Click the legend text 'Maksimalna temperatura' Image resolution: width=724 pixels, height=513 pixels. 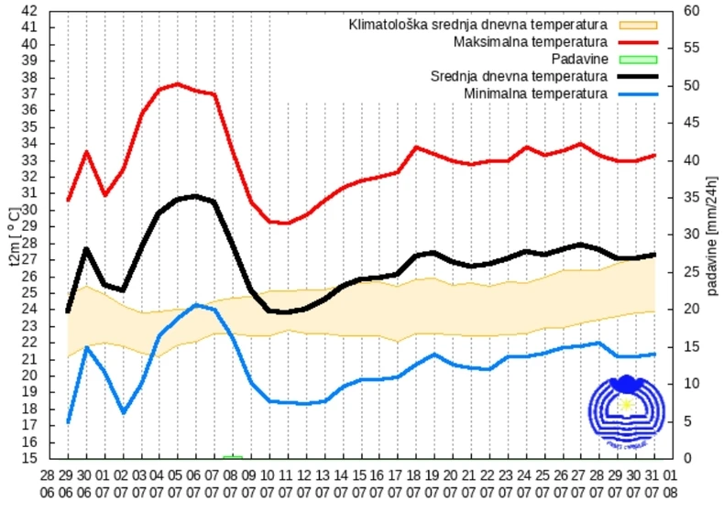tap(530, 42)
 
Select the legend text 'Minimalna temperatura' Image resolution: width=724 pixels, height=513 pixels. tap(535, 93)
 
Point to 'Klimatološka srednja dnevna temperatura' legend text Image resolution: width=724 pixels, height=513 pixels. tap(477, 25)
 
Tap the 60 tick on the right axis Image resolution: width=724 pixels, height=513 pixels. tap(691, 11)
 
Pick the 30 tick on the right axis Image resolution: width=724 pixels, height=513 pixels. tap(691, 235)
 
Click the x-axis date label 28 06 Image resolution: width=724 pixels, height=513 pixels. tap(48, 482)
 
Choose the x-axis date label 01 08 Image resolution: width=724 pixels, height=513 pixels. tap(673, 482)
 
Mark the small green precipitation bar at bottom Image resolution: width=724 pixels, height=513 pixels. tap(233, 456)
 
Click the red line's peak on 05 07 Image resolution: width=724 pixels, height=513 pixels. tap(178, 84)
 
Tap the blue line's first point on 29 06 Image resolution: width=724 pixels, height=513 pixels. tap(68, 421)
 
